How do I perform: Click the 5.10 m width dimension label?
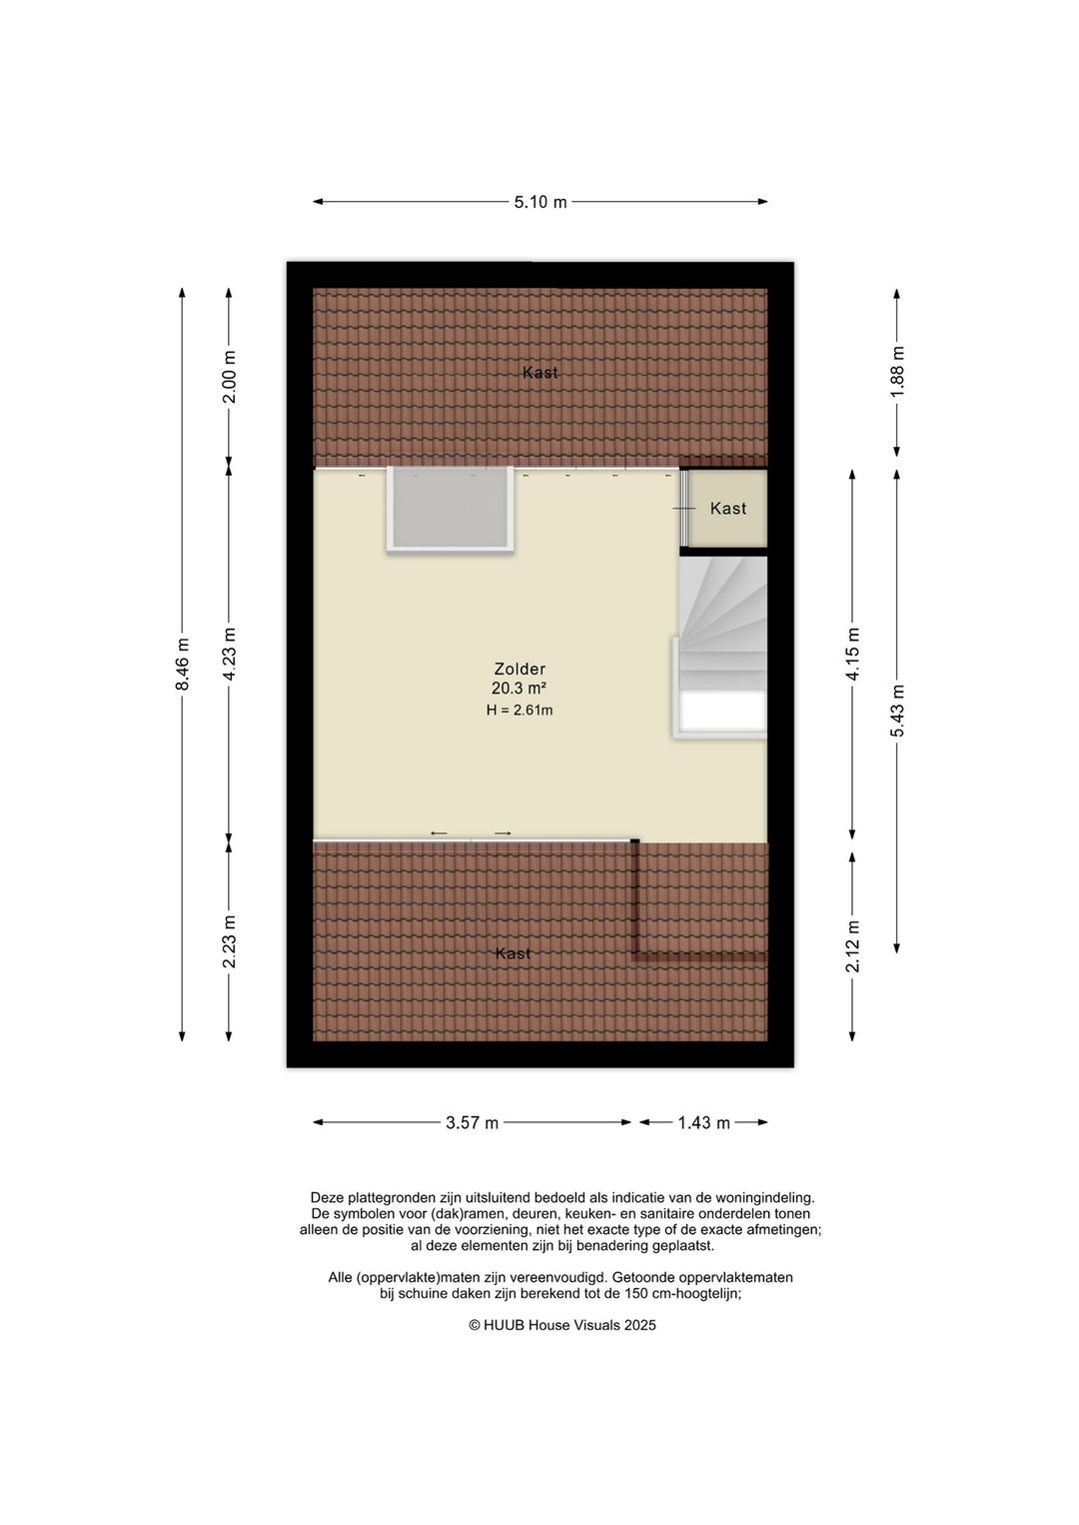tap(540, 202)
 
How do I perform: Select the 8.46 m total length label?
tap(182, 665)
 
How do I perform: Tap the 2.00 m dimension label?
tap(229, 378)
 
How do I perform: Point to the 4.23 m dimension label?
tap(229, 655)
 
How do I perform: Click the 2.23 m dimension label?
tap(229, 941)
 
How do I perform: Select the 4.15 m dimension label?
tap(852, 655)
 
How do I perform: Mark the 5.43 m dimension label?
tap(897, 711)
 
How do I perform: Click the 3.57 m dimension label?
tap(472, 1122)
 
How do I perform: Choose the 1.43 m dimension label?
tap(703, 1122)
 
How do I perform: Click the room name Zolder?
tap(520, 669)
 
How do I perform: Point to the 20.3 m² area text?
tap(519, 689)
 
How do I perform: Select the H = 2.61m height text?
tap(520, 711)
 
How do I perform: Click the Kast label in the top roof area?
tap(540, 373)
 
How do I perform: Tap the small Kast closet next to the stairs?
tap(728, 509)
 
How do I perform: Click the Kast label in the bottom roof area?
tap(514, 953)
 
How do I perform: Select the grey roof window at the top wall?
tap(451, 508)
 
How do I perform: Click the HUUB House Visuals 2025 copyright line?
tap(562, 1325)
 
